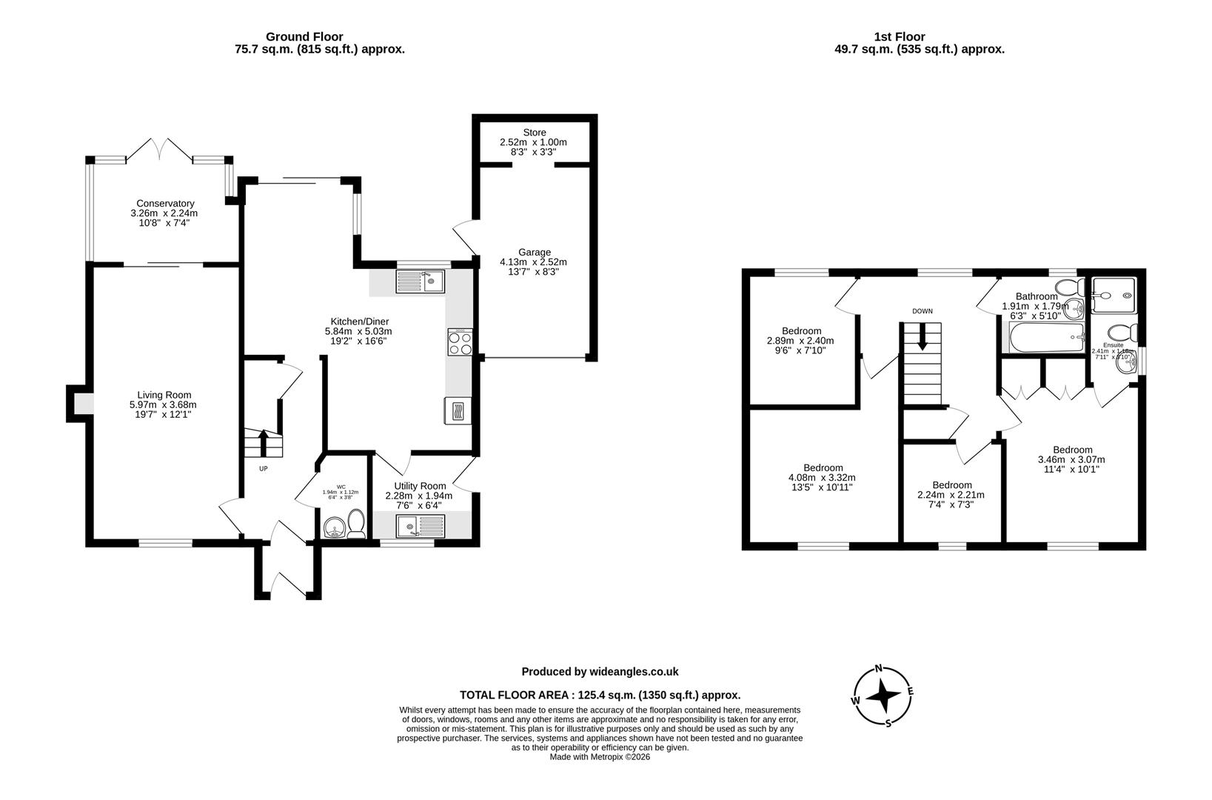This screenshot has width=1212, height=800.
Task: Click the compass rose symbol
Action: pos(882,696)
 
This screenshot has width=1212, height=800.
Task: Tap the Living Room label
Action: pos(164,395)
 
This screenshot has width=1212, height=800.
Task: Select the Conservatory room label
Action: pos(165,203)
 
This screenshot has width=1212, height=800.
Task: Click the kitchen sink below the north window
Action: pos(420,281)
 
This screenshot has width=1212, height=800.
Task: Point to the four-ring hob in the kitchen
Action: pos(459,343)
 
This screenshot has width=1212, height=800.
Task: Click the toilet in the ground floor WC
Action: pos(356,524)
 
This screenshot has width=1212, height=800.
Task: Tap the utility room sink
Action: pos(420,527)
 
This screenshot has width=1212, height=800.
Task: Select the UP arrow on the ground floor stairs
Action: pos(263,444)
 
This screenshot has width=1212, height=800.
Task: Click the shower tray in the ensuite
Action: pos(1113,296)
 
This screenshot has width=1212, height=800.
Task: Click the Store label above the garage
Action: pos(534,133)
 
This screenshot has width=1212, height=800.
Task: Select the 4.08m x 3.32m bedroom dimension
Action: pos(823,478)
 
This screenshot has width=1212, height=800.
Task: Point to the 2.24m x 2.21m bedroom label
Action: pos(951,485)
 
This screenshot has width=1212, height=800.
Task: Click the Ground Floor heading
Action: pos(304,36)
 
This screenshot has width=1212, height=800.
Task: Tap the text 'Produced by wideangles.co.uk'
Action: pos(600,672)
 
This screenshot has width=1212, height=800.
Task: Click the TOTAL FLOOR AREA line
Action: pos(600,695)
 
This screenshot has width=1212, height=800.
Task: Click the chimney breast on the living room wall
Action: pos(78,404)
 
